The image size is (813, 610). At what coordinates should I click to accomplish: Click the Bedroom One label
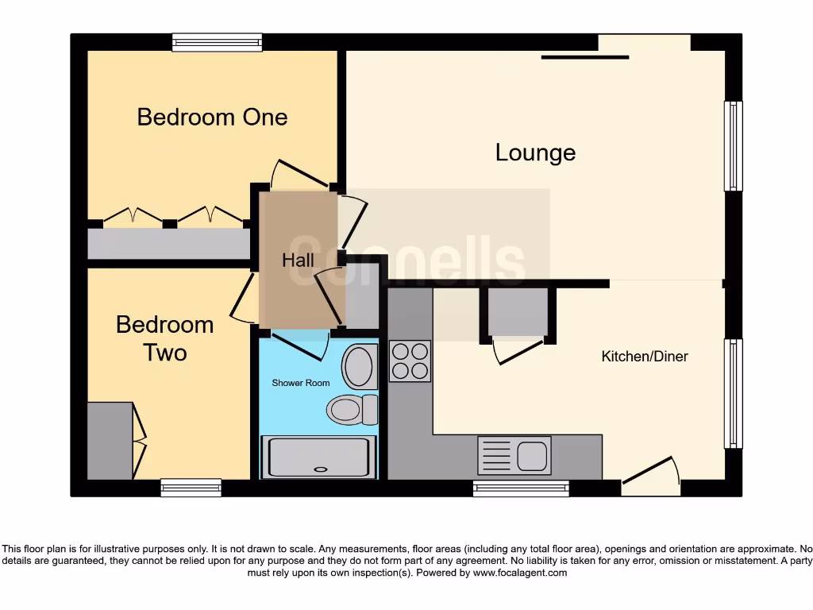coord(212,117)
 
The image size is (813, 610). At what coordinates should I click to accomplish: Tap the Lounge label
coord(535,152)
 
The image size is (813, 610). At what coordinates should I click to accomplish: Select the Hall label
coord(298,261)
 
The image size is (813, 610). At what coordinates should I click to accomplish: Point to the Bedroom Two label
coord(164,338)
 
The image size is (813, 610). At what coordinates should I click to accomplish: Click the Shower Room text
coord(301,383)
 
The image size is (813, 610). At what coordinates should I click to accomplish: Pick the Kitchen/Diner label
coord(645,357)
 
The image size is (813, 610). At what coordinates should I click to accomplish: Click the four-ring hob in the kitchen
coord(410,361)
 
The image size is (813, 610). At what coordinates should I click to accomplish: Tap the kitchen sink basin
coord(531,456)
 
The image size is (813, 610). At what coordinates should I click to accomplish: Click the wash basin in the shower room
coord(360,367)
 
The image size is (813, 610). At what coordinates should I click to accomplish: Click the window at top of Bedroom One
coord(217,42)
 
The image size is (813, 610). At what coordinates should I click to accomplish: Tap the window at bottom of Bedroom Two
coord(191,488)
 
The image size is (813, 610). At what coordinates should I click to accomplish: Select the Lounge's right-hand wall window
coord(733,146)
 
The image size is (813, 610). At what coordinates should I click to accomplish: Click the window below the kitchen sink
coord(521,488)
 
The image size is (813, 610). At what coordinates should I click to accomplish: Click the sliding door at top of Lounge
coord(586,56)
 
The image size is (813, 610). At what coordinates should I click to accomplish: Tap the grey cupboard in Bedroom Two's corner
coord(110,440)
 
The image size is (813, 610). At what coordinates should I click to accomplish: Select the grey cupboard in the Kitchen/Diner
coord(518,311)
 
